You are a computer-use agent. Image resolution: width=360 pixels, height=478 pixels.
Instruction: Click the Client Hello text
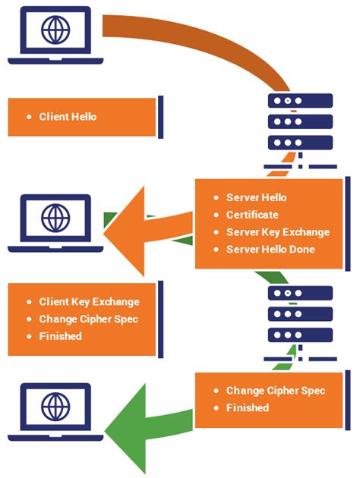click(x=68, y=117)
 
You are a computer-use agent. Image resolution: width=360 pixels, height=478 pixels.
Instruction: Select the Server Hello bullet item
click(x=256, y=197)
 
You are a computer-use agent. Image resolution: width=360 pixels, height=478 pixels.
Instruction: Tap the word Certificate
click(x=252, y=215)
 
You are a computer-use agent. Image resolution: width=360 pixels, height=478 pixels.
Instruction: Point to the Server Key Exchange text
click(x=277, y=232)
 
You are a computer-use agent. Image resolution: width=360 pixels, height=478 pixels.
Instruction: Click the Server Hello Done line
click(x=270, y=250)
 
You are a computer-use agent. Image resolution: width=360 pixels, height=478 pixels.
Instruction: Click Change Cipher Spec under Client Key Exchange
click(x=90, y=319)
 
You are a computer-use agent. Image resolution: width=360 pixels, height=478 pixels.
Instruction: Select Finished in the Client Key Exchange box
click(x=60, y=335)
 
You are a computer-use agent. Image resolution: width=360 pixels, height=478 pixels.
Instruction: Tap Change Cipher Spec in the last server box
click(x=275, y=391)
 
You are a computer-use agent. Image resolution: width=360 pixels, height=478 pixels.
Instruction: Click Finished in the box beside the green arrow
click(x=248, y=408)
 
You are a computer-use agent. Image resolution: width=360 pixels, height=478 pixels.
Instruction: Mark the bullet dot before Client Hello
click(x=29, y=117)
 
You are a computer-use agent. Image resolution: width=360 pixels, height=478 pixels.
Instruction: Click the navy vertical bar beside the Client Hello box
click(x=161, y=118)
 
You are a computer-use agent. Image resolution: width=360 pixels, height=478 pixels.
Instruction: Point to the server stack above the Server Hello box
click(x=301, y=121)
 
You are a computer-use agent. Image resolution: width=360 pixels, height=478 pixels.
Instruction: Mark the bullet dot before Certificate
click(x=216, y=215)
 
